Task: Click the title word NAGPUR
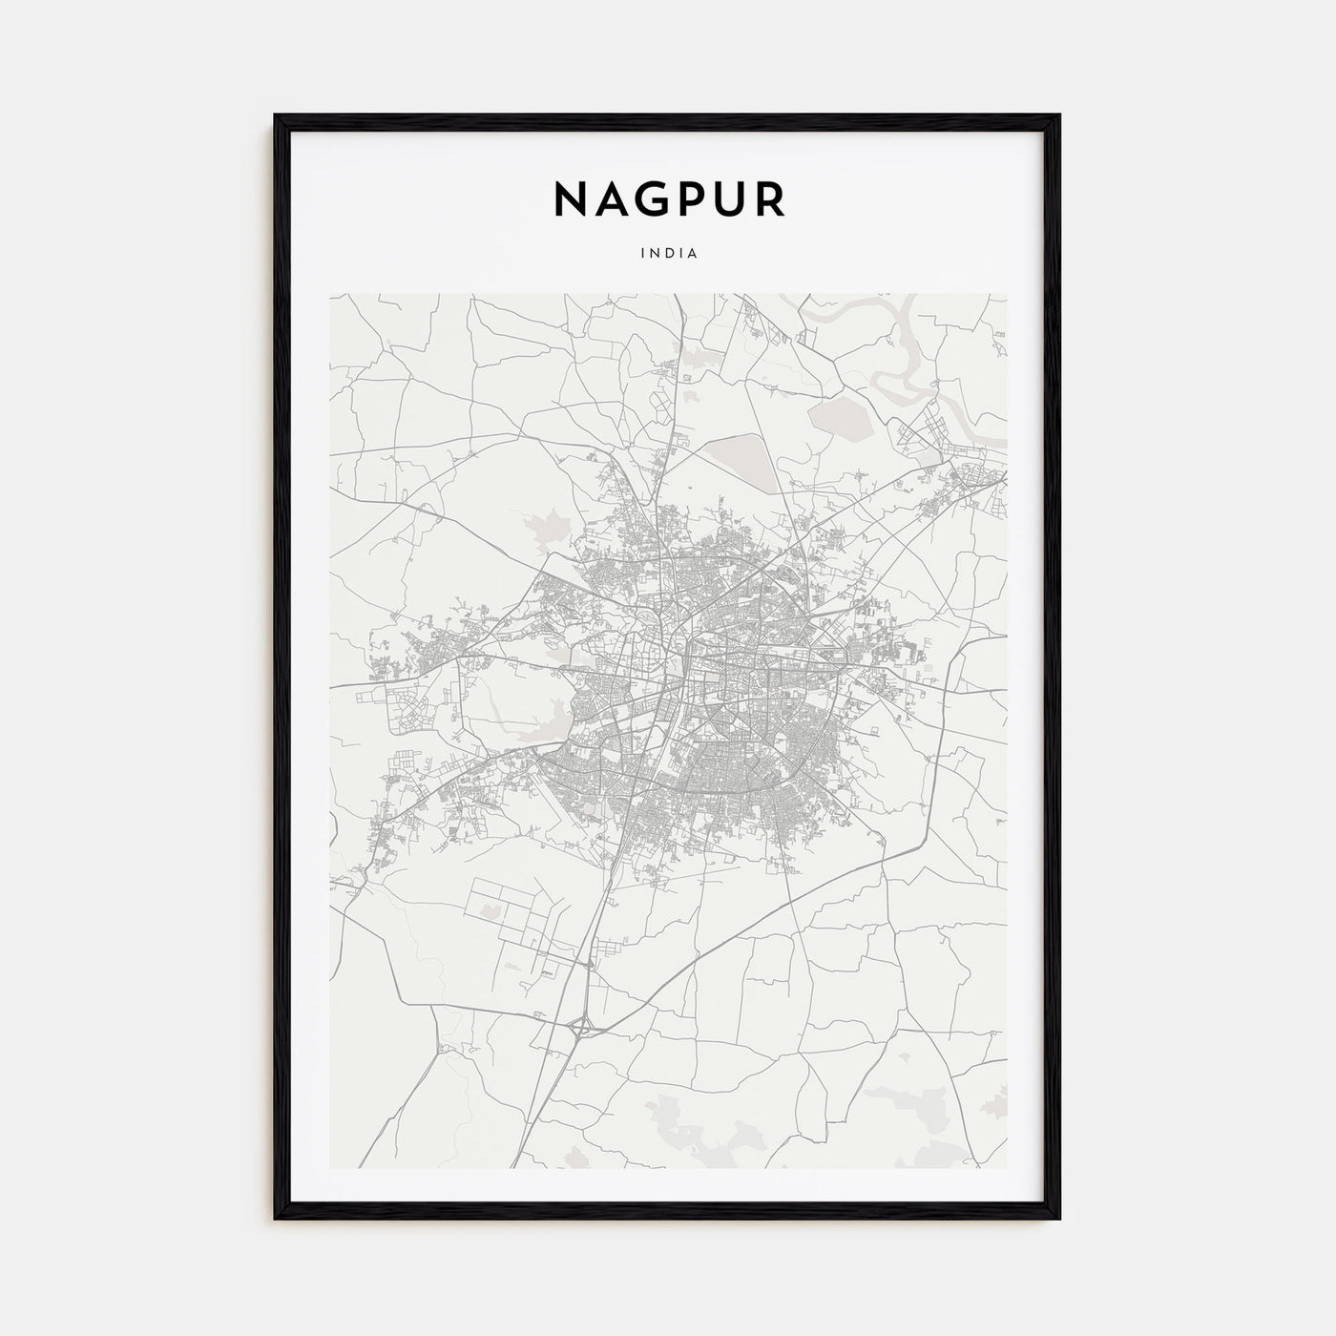pyautogui.click(x=669, y=198)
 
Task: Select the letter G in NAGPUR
pyautogui.click(x=650, y=198)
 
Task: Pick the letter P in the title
pyautogui.click(x=690, y=198)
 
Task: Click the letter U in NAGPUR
pyautogui.click(x=728, y=198)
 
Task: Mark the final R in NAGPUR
pyautogui.click(x=769, y=198)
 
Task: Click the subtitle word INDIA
pyautogui.click(x=669, y=254)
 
